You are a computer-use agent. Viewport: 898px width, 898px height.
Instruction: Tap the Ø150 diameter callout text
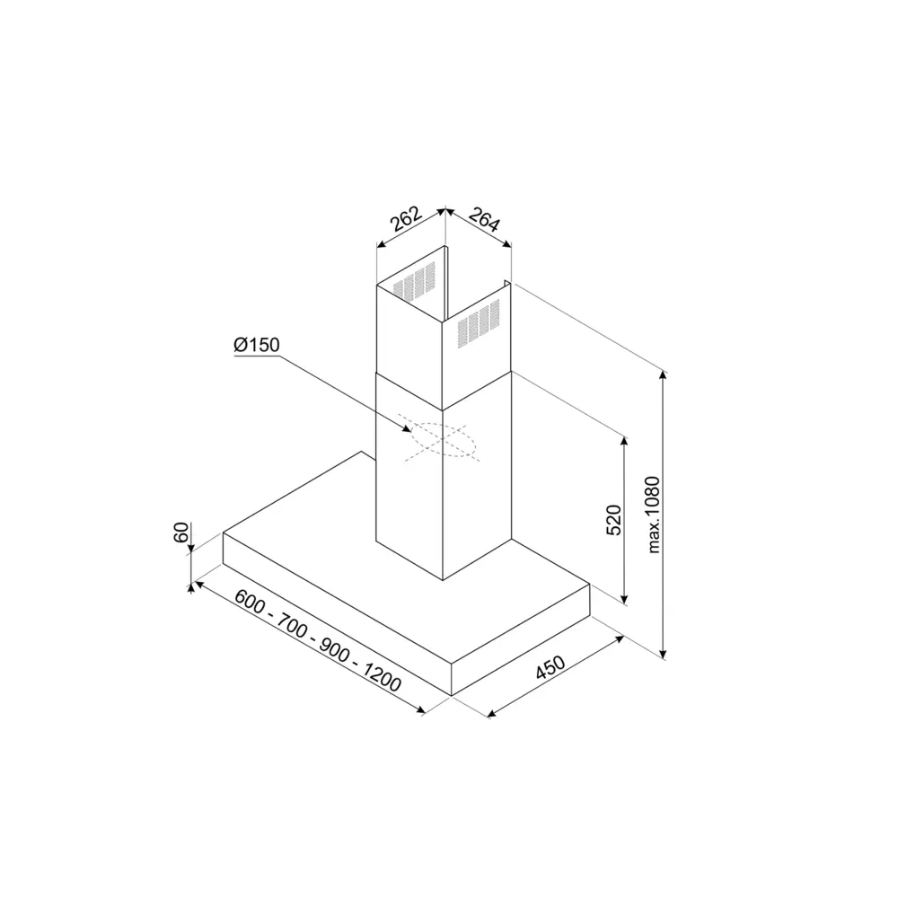pyautogui.click(x=257, y=346)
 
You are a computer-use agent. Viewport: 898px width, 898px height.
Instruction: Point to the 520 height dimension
pyautogui.click(x=614, y=520)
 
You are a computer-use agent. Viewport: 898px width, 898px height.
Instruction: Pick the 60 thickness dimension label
pyautogui.click(x=180, y=532)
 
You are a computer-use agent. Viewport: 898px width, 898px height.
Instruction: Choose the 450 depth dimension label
pyautogui.click(x=550, y=670)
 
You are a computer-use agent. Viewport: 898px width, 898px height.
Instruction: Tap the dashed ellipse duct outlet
pyautogui.click(x=441, y=442)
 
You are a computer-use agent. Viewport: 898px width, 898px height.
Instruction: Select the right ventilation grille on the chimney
pyautogui.click(x=479, y=324)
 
